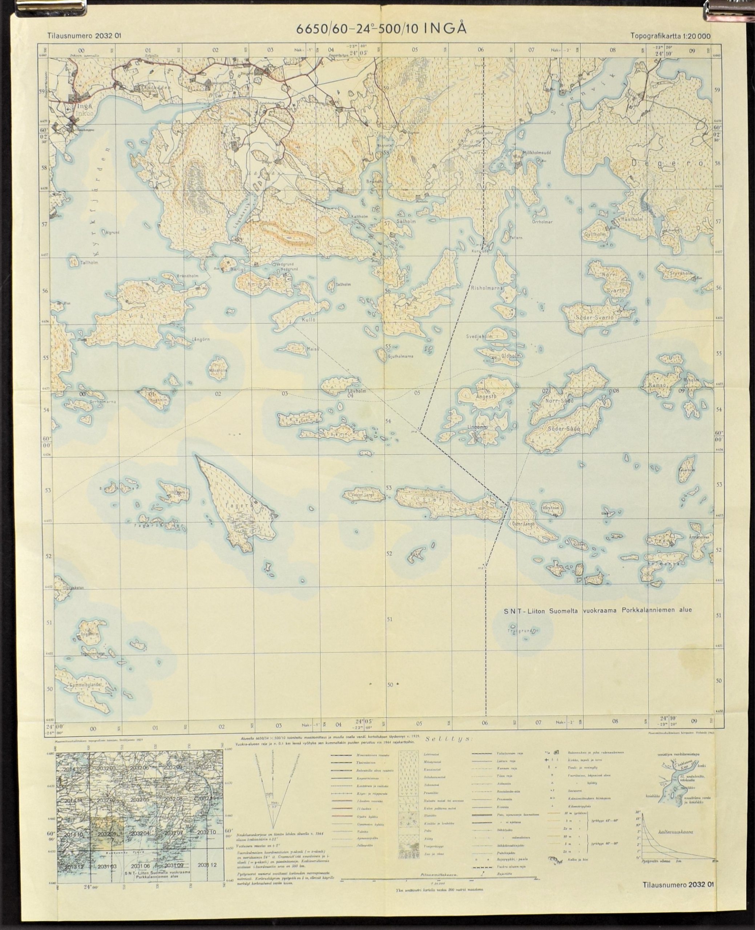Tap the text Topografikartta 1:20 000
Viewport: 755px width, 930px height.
coord(670,36)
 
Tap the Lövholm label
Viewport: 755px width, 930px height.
coord(357,391)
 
